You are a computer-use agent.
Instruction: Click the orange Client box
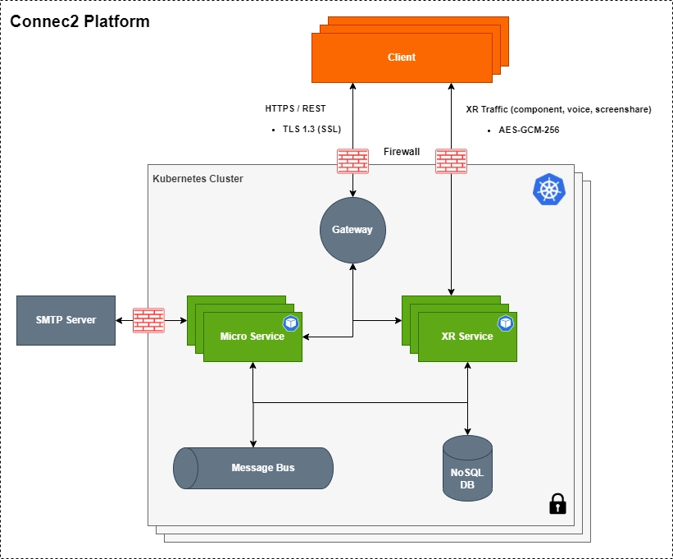(x=402, y=57)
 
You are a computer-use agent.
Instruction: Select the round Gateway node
(x=352, y=230)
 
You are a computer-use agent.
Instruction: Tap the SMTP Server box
(x=66, y=320)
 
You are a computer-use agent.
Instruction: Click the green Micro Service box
(x=252, y=337)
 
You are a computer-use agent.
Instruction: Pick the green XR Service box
(x=467, y=337)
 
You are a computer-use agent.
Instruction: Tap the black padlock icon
(x=557, y=503)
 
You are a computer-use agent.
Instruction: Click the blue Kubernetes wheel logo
(x=548, y=188)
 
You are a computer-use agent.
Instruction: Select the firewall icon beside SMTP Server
(x=148, y=320)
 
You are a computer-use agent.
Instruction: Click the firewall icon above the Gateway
(x=352, y=160)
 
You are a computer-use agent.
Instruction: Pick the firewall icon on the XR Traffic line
(x=451, y=160)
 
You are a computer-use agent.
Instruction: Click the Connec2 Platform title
(x=80, y=22)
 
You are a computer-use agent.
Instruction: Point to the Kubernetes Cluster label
(x=198, y=179)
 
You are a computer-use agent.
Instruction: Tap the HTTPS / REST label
(x=295, y=108)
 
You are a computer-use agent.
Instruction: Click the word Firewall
(x=402, y=152)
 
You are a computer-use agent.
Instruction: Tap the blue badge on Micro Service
(x=291, y=323)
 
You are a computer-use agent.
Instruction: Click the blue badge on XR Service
(x=506, y=323)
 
